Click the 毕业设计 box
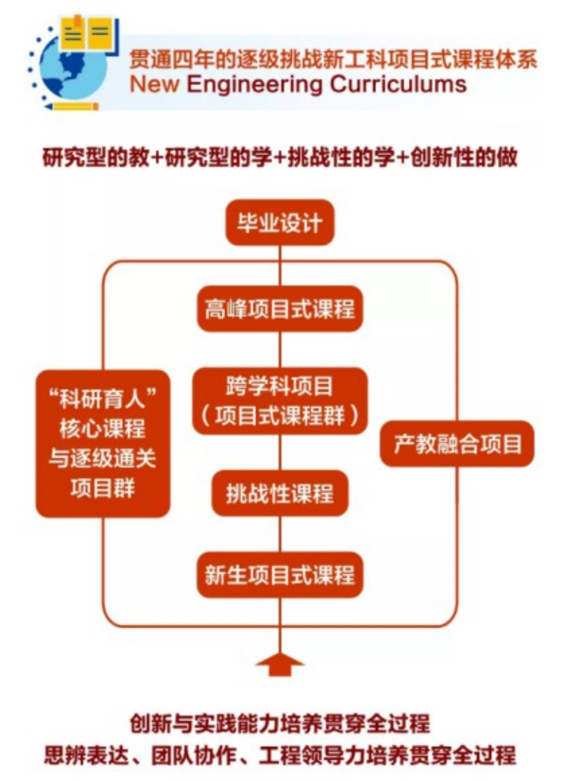tap(279, 224)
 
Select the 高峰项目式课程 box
tap(280, 308)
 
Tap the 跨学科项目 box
tap(280, 400)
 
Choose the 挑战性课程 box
tap(280, 493)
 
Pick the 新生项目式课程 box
tap(280, 575)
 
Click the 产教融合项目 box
tap(457, 444)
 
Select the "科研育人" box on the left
tap(103, 444)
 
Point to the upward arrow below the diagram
tap(280, 663)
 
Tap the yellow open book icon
tap(88, 32)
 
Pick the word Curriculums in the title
tap(399, 85)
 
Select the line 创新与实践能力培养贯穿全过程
tap(280, 724)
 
